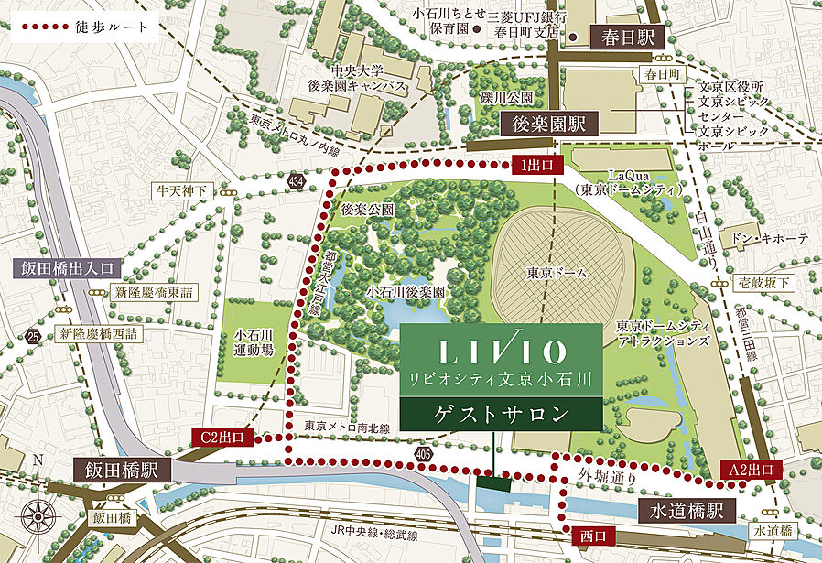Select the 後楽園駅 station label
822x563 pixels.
tap(555, 123)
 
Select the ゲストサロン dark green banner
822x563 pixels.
tap(501, 415)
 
